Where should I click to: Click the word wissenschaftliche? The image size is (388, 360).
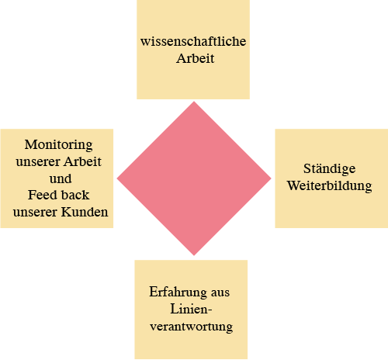[193, 41]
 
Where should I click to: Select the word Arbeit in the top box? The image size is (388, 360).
[196, 58]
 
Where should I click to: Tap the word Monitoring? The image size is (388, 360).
[58, 145]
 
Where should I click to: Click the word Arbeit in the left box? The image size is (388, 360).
[82, 161]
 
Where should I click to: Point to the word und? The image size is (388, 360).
[61, 178]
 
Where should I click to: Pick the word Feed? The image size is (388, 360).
[40, 195]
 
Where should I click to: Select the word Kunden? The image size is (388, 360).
[85, 212]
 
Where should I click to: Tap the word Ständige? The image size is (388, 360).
[330, 169]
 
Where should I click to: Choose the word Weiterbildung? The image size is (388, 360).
[330, 185]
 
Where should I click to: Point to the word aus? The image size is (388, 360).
[220, 292]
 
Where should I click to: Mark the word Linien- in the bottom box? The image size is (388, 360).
[191, 309]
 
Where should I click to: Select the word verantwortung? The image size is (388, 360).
[192, 327]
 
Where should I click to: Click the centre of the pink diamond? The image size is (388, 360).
[194, 178]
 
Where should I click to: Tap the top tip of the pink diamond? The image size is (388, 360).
[194, 102]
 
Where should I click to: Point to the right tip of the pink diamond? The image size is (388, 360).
[271, 178]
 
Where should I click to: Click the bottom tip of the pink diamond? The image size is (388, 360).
[194, 255]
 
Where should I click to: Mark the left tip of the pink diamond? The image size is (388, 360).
[117, 178]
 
